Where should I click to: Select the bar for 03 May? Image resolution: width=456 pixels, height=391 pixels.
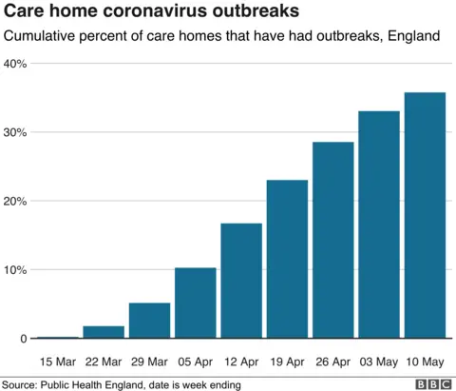click(x=380, y=225)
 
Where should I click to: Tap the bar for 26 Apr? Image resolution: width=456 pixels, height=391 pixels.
click(x=334, y=240)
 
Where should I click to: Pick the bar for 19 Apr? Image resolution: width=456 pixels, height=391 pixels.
click(x=288, y=259)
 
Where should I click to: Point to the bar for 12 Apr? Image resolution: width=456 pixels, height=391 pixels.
click(x=242, y=281)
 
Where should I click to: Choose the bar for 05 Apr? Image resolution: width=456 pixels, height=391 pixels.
click(x=196, y=303)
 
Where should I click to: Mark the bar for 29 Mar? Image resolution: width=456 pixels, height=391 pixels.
click(x=150, y=321)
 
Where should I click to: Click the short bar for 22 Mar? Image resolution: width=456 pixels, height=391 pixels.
click(x=104, y=332)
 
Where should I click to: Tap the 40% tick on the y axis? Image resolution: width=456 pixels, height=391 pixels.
click(x=16, y=64)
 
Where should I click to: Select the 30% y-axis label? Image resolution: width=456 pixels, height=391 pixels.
click(x=16, y=132)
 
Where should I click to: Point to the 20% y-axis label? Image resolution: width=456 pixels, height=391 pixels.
click(x=16, y=201)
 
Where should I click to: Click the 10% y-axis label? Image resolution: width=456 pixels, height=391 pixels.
click(x=16, y=269)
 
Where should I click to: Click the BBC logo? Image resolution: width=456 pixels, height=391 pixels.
click(x=432, y=383)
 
